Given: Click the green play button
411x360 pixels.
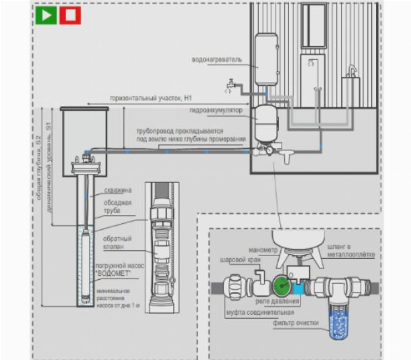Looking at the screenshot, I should point(47,16).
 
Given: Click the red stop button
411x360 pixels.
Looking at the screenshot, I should point(69,16).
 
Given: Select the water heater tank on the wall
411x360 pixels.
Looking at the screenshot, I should point(266,59).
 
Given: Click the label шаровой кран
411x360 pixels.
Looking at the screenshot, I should point(238,258).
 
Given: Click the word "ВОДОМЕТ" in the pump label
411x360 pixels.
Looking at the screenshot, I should point(121,274).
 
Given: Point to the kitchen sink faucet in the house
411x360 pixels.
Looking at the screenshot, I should point(350,69).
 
